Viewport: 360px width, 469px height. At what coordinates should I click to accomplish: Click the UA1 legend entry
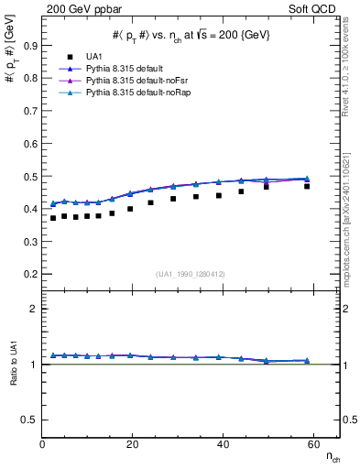(93, 55)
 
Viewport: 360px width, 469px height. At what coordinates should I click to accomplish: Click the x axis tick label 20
(132, 446)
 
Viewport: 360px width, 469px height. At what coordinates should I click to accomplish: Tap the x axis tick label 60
(311, 446)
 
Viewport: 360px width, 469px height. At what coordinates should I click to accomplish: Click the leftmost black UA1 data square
(53, 218)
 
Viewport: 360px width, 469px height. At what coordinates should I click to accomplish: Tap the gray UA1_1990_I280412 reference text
(190, 273)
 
